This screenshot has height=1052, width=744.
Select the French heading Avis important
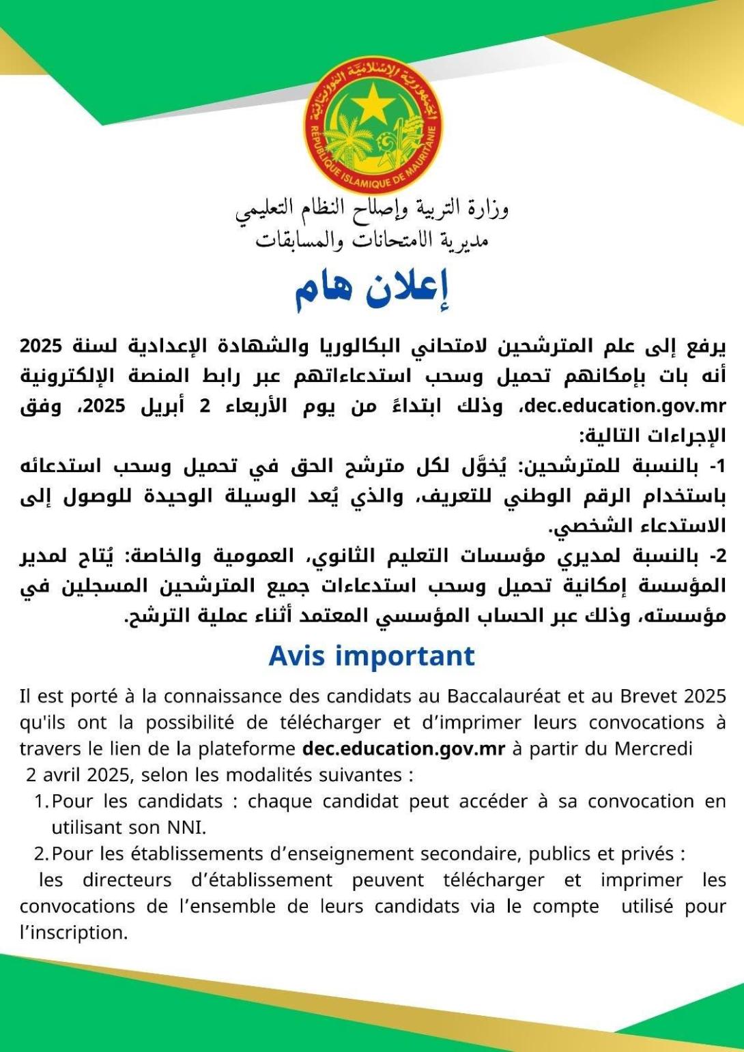372,656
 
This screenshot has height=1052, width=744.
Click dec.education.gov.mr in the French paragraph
403,748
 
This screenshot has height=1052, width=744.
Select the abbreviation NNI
185,828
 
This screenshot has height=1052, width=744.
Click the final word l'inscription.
74,933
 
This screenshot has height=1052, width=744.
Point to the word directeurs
129,880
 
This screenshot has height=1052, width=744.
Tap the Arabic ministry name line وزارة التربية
372,209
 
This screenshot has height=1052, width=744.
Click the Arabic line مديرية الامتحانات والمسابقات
372,240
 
